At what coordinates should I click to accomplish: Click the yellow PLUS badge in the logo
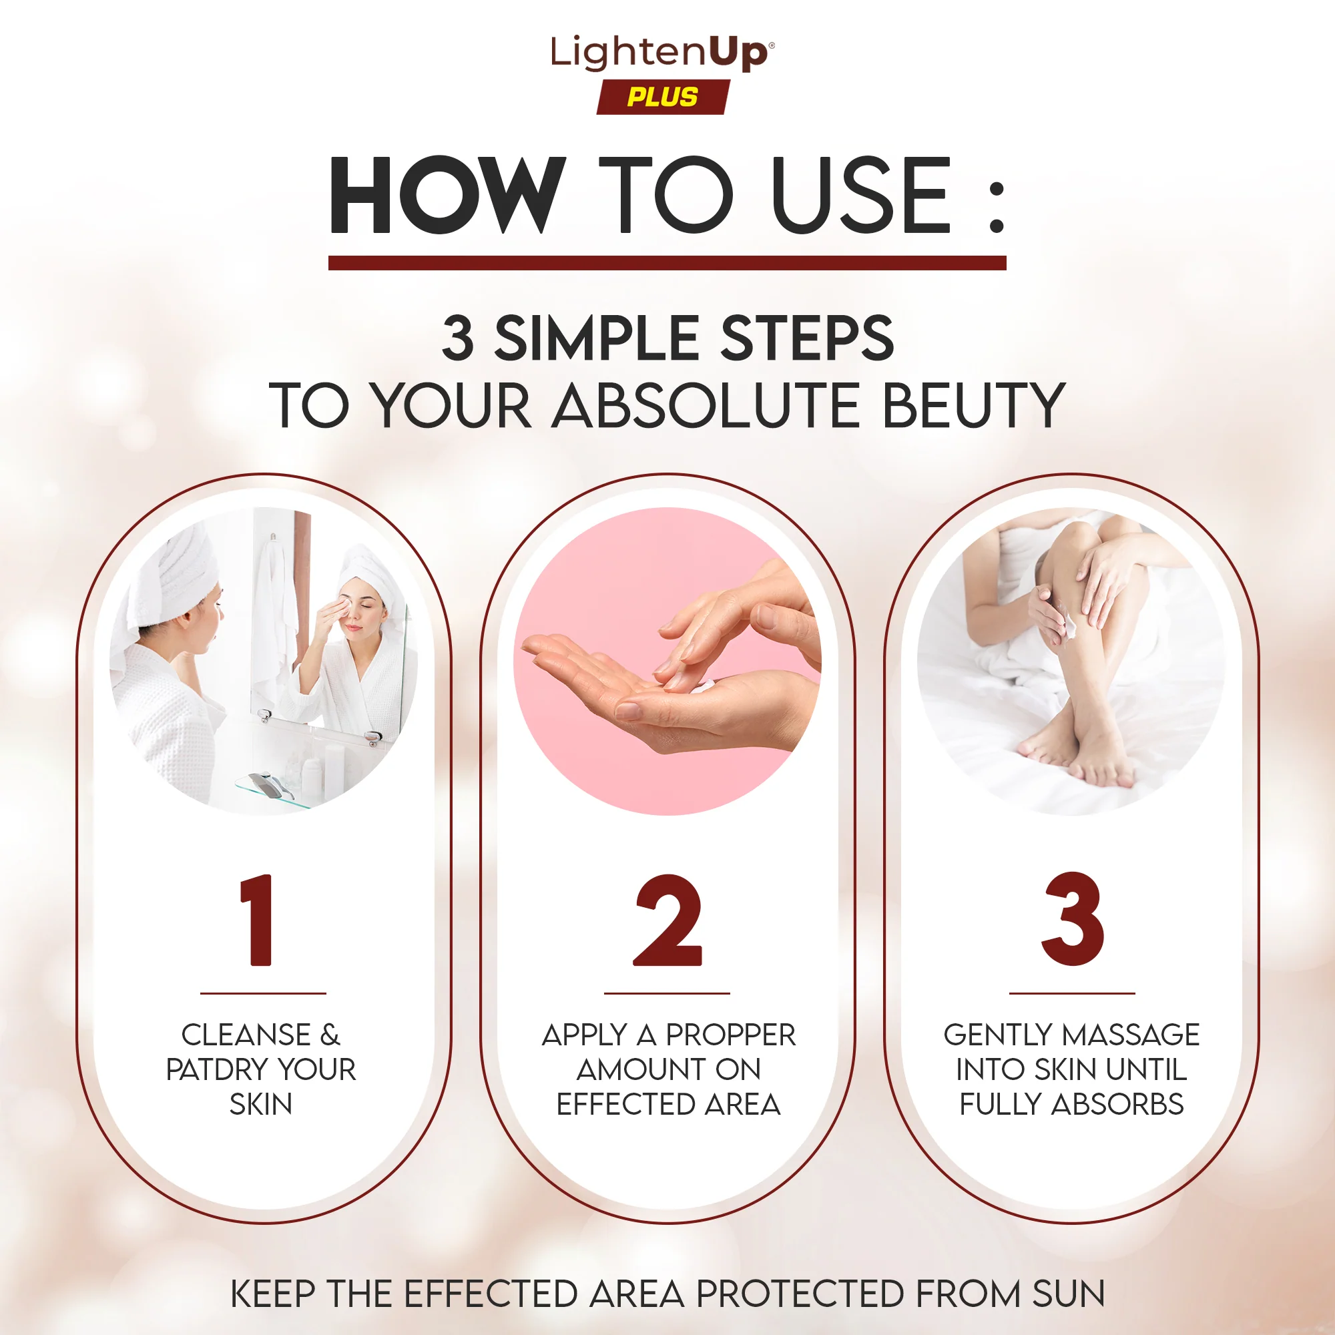click(663, 97)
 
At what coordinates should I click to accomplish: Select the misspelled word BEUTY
click(973, 406)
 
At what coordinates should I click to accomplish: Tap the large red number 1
click(257, 920)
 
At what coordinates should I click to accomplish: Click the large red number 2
click(667, 920)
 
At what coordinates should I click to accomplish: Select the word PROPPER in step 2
click(730, 1035)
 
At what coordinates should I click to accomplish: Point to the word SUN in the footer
click(1068, 1294)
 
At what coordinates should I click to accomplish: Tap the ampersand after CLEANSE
click(330, 1035)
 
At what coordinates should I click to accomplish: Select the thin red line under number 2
click(667, 994)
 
